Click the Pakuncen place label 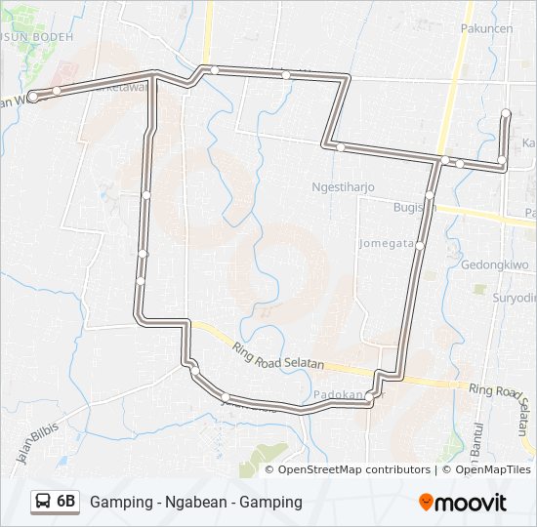[486, 29]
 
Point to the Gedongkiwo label [495, 264]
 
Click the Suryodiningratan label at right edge [515, 298]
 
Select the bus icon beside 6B [44, 502]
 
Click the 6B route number [66, 502]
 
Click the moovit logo [463, 503]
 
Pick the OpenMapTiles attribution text [491, 469]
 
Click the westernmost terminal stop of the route [33, 97]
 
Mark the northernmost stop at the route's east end [506, 114]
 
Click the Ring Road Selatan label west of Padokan [277, 354]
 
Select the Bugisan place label [411, 208]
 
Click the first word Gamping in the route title [118, 503]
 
